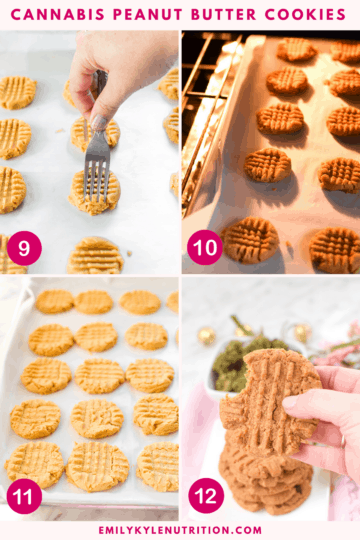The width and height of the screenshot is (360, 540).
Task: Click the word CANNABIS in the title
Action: tap(59, 15)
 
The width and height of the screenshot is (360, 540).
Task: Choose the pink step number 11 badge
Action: tap(24, 495)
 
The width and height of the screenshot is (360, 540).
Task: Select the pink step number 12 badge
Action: tap(205, 495)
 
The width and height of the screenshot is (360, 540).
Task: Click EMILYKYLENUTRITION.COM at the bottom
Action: tap(180, 530)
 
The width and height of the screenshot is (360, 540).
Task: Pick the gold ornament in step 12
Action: tap(206, 336)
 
